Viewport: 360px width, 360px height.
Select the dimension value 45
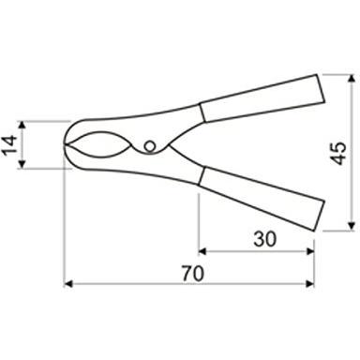tap(338, 152)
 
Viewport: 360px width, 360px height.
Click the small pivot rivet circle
tap(150, 145)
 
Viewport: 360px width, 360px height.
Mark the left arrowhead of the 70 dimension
tap(69, 283)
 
